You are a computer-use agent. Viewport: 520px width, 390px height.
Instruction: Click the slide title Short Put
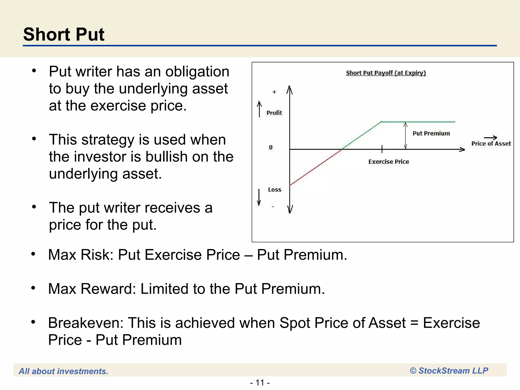point(64,35)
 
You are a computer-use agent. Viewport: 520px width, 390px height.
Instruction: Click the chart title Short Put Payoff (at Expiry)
point(386,73)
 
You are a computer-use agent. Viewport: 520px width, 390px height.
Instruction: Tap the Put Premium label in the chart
point(431,133)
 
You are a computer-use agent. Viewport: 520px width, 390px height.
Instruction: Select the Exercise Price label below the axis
point(388,162)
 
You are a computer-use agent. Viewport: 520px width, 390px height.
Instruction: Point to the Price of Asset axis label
point(491,144)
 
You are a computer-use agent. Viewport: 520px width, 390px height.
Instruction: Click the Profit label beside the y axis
point(274,113)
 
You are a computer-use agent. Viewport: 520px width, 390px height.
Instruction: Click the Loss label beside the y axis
point(274,190)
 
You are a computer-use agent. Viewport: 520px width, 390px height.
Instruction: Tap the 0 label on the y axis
point(271,148)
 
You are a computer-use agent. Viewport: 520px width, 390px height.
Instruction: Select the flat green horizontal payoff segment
point(418,122)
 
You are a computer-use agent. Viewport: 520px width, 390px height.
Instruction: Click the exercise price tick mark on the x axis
point(382,149)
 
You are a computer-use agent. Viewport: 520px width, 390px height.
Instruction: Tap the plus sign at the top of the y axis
point(274,92)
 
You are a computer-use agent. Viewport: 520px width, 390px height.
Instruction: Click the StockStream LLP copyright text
point(449,371)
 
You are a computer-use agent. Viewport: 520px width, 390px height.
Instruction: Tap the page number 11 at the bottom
point(260,382)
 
